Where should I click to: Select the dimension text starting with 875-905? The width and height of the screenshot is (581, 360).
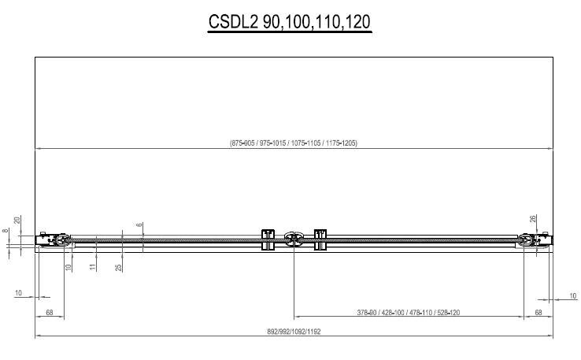point(294,143)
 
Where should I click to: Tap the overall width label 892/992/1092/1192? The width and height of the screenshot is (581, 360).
point(294,332)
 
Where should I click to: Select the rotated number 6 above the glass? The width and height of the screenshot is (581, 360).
point(139,225)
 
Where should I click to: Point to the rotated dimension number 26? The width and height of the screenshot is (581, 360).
point(533,219)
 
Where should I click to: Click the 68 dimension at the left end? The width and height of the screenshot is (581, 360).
point(50,312)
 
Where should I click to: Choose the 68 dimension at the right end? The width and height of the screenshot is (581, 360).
point(538,312)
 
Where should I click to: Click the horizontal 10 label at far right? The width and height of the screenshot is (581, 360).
point(572,295)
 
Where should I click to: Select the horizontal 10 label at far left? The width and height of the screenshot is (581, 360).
point(18,293)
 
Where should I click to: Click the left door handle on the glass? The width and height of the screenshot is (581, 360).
point(267,239)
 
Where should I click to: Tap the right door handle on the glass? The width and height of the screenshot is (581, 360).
point(320,239)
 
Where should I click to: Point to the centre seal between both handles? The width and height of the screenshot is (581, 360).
point(294,239)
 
